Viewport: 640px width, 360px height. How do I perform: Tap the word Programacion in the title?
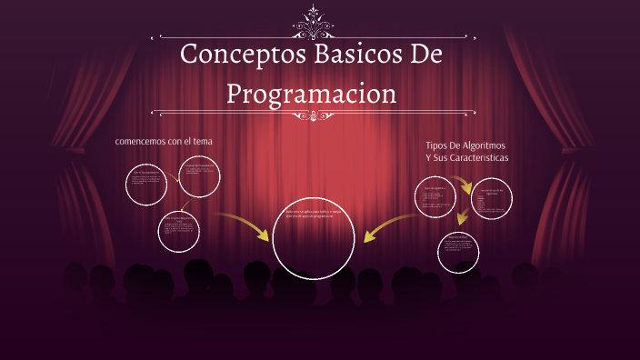coord(311,93)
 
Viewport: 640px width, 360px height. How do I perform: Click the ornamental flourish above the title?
coord(317,19)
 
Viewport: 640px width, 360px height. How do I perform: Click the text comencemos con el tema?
coord(164,141)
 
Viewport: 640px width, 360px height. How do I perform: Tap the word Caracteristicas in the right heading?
coord(475,157)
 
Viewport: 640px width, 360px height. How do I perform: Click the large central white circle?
coord(314,237)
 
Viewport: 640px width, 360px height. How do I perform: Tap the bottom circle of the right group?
coord(457,252)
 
